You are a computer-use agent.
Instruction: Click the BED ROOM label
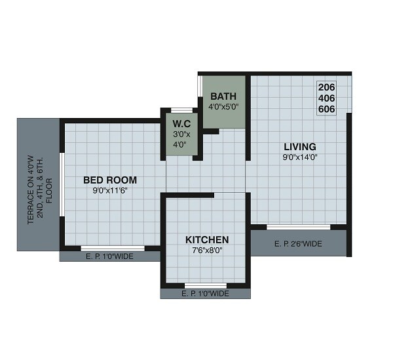[109, 180]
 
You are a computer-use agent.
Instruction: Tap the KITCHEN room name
[206, 239]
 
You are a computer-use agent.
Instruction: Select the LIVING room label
[299, 146]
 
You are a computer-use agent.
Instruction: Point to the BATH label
[223, 96]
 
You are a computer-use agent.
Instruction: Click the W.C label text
[181, 123]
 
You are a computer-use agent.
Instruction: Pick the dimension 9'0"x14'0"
[300, 157]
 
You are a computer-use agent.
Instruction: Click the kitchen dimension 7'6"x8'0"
[207, 250]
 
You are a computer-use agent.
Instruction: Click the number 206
[326, 87]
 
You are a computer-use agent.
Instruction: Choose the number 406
[326, 98]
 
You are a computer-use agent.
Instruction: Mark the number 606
[326, 109]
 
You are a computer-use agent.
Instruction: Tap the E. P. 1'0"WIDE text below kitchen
[205, 294]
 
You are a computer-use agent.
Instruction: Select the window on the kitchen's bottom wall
[205, 285]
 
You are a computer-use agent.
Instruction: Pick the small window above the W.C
[181, 110]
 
